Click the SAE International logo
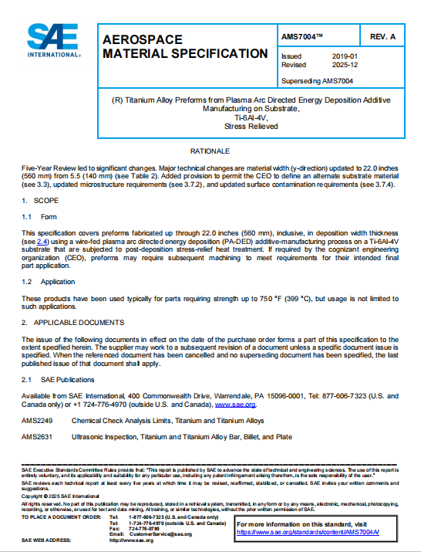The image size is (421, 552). click(x=53, y=39)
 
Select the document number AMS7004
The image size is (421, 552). click(x=304, y=37)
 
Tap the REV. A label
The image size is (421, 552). click(x=382, y=37)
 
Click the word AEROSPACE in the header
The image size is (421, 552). click(x=143, y=39)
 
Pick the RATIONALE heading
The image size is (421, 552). click(x=210, y=151)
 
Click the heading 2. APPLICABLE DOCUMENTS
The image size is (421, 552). click(x=73, y=322)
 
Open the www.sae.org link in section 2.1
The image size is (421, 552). click(x=235, y=404)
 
